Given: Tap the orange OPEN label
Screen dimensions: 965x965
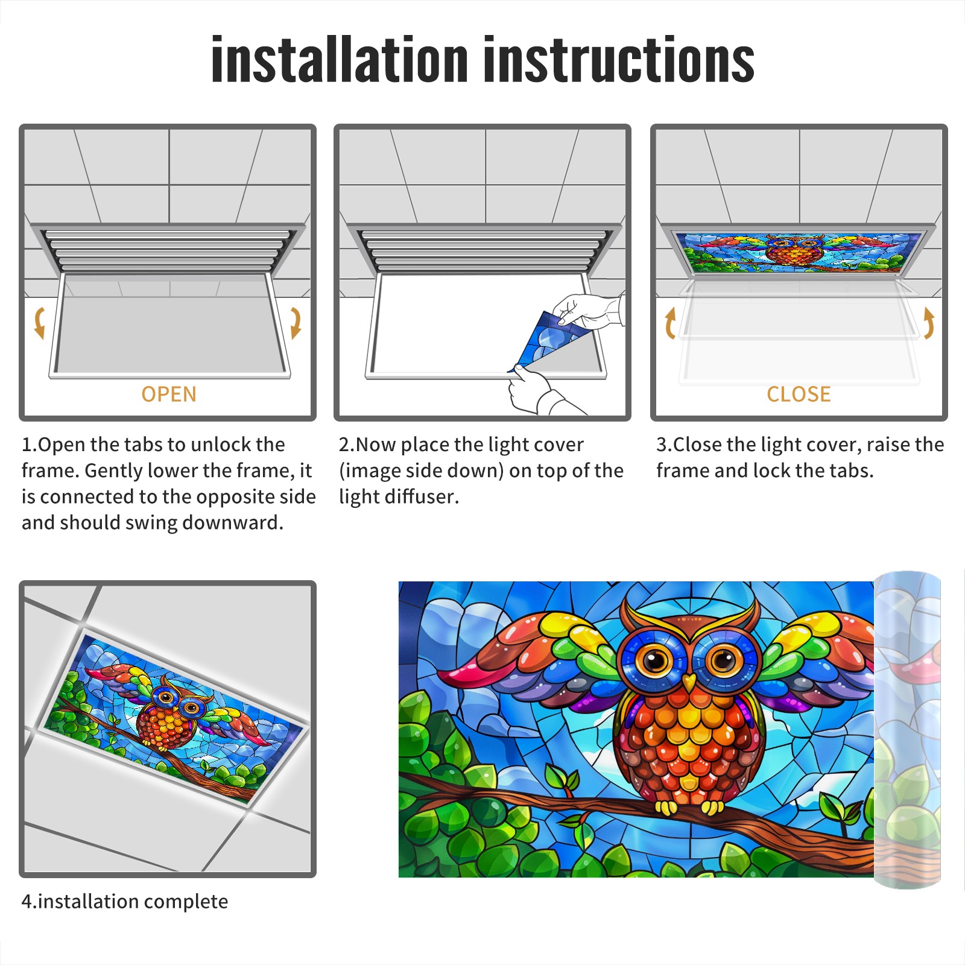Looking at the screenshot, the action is coord(169,394).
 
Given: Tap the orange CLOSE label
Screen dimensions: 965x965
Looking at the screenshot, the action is coord(799,394).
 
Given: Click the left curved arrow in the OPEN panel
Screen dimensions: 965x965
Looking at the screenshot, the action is coord(39,323).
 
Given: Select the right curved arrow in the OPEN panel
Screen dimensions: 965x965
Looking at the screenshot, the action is coord(296,323).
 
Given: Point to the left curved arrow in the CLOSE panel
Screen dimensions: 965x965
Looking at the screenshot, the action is coord(669,323).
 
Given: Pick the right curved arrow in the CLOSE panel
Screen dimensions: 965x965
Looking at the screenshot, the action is coord(929,323).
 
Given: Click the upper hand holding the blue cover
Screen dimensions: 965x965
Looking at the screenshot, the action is coord(588,311).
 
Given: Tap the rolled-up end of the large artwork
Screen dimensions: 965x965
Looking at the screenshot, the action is coord(907,730).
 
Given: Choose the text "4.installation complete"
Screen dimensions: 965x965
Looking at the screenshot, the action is coord(125,901).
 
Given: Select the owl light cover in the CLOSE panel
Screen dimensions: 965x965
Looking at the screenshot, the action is coord(799,252).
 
